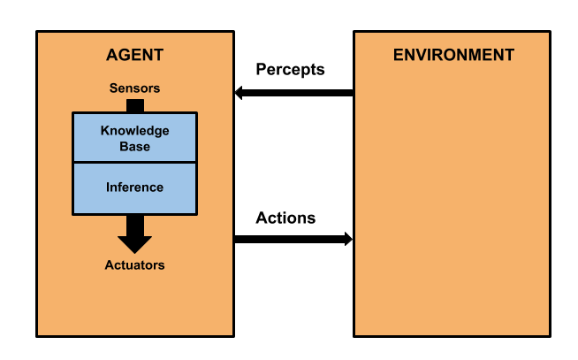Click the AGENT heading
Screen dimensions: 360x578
coord(134,55)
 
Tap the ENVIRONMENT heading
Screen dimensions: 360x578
coord(453,55)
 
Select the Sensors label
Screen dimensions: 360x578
coord(134,88)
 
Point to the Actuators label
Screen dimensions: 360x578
coord(134,265)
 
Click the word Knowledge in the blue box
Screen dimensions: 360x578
coord(134,131)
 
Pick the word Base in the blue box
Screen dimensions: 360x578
coord(134,147)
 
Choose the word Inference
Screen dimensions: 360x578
coord(134,188)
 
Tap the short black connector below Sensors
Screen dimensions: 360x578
coord(134,105)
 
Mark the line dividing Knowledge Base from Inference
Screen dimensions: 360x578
coord(134,163)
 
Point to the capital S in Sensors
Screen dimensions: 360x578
coord(113,88)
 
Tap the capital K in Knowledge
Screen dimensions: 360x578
coord(104,131)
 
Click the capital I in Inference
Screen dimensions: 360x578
coord(108,188)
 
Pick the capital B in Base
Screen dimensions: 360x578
coord(123,147)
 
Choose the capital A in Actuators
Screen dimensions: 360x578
coord(109,265)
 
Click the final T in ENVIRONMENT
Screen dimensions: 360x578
coord(509,55)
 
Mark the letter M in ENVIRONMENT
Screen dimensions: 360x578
coord(473,55)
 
